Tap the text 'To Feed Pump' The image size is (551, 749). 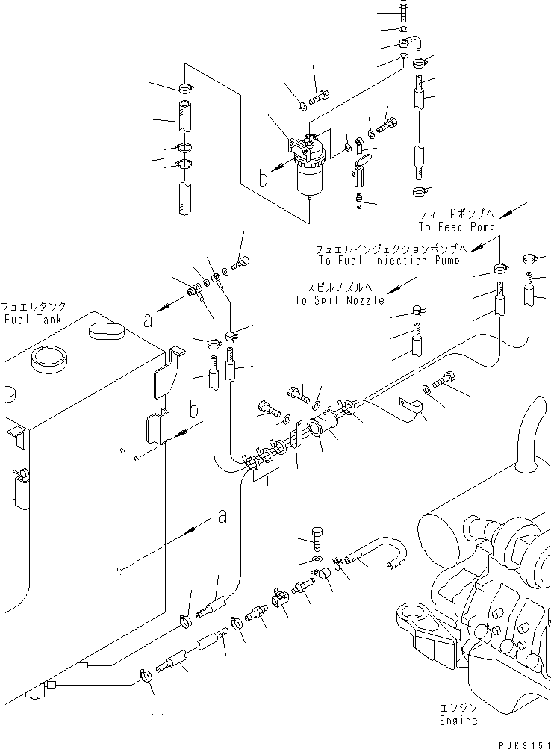pyautogui.click(x=451, y=227)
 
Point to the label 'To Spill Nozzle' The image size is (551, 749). pyautogui.click(x=340, y=300)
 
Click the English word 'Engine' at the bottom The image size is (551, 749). pyautogui.click(x=458, y=721)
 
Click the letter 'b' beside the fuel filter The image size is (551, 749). pyautogui.click(x=262, y=178)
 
